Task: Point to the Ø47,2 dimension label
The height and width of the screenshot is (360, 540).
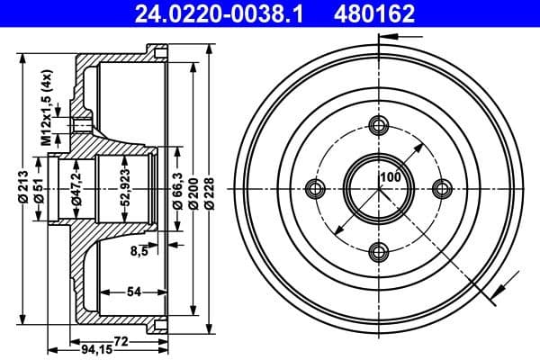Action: click(78, 192)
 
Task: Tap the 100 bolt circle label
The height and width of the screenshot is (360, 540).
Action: click(389, 176)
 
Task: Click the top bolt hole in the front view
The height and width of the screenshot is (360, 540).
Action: click(379, 125)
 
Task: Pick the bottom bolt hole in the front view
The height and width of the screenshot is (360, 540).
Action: click(379, 251)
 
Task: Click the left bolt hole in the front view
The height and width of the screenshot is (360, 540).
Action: click(315, 188)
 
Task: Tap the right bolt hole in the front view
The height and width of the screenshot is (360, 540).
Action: click(442, 188)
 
